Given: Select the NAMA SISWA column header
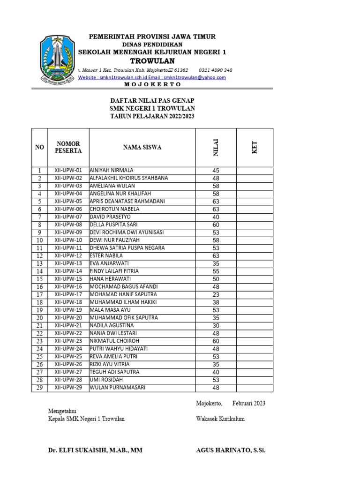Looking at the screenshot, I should tap(142, 147).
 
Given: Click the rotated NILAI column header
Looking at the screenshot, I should tap(216, 147).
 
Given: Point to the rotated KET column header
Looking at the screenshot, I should tap(255, 147).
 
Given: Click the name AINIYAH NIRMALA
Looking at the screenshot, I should tap(112, 170).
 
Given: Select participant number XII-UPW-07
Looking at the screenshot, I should tap(68, 217).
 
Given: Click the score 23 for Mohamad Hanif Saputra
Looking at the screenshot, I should tap(216, 294).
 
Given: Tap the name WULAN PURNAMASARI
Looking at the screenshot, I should tap(117, 387).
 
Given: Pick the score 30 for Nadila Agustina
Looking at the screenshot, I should tap(216, 325).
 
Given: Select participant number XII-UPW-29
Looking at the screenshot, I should tap(68, 387).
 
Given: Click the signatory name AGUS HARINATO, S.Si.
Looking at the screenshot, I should tap(231, 450).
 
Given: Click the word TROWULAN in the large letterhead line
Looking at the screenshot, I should tap(152, 61).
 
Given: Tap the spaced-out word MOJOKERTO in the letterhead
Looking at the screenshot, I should tap(152, 84).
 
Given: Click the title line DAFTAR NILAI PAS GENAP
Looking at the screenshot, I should tap(152, 101).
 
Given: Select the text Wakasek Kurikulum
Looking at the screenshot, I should tap(220, 419).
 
